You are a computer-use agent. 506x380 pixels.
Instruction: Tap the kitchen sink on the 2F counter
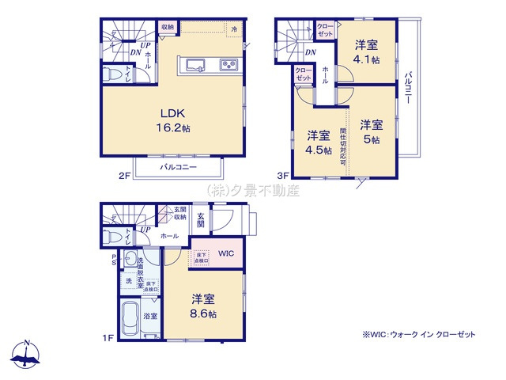point(197,65)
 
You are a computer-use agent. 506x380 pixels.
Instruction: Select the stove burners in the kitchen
point(228,65)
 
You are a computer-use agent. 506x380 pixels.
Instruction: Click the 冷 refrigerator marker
point(234,29)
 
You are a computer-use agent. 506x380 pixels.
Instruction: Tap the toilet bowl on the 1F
point(112,237)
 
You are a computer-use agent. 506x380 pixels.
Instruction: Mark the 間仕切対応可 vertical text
point(344,142)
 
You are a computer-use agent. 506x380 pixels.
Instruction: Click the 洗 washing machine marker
point(128,282)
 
